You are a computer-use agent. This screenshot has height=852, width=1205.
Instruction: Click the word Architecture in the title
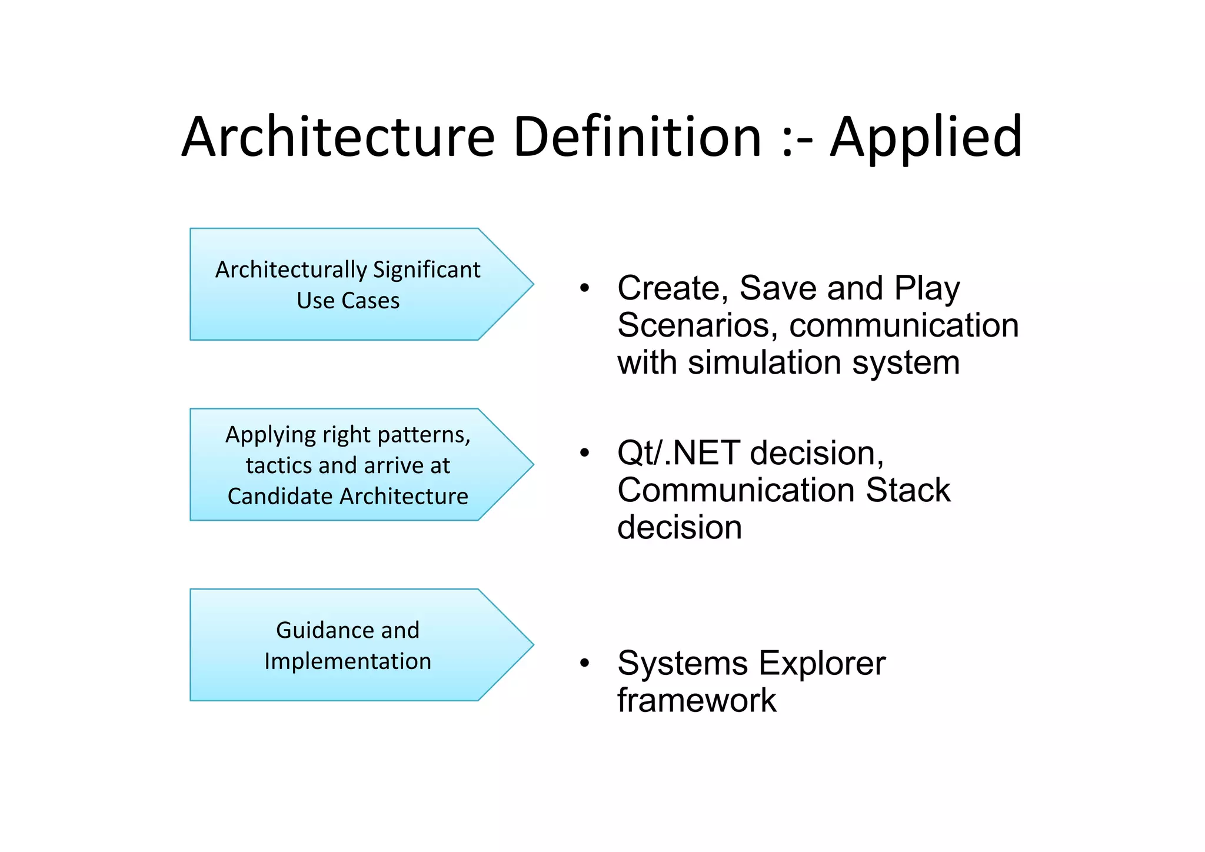click(x=338, y=138)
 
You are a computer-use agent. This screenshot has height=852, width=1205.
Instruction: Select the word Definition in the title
click(x=637, y=138)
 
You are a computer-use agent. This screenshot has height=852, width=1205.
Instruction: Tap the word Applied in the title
click(x=926, y=139)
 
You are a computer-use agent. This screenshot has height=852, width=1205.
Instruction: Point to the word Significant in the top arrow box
click(x=427, y=270)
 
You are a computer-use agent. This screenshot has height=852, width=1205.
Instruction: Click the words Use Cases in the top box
click(x=348, y=301)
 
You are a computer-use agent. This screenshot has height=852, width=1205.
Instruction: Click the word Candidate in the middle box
click(x=277, y=496)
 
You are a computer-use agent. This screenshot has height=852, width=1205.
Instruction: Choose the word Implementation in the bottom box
click(x=348, y=661)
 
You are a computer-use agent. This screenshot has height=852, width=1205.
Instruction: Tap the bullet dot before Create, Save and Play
click(x=584, y=288)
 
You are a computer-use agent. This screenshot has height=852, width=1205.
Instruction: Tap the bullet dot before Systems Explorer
click(x=584, y=664)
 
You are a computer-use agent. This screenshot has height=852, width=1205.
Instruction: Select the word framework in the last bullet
click(x=697, y=701)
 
